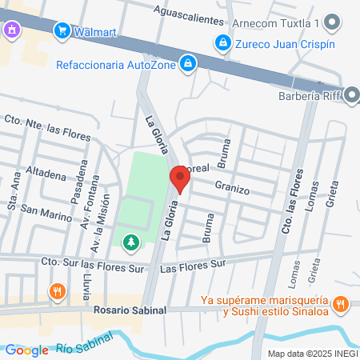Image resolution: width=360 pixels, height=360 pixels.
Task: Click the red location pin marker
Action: click(x=179, y=179)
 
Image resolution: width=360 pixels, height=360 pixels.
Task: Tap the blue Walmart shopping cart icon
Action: click(x=61, y=31)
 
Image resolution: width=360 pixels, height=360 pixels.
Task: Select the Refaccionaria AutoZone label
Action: click(x=116, y=63)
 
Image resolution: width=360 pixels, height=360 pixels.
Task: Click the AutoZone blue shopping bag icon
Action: click(x=187, y=62)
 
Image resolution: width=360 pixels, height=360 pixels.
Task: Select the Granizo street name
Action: click(x=232, y=190)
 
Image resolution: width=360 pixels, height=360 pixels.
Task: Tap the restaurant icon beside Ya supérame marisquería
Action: click(x=341, y=303)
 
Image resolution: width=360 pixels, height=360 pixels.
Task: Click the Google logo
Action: click(x=26, y=350)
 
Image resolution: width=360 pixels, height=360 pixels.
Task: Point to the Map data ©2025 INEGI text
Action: click(x=311, y=353)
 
